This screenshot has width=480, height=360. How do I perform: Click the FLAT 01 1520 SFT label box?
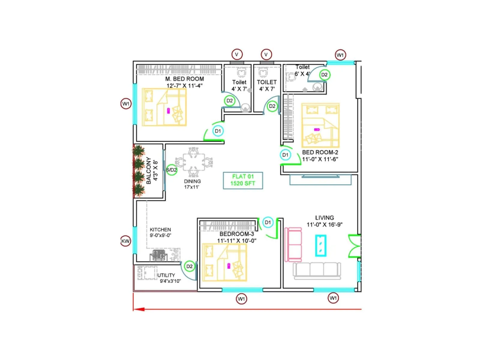[x=243, y=180]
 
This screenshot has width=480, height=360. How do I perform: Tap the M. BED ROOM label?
[x=184, y=79]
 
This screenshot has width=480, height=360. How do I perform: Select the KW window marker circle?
[x=125, y=241]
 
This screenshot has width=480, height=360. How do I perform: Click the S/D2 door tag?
[x=172, y=170]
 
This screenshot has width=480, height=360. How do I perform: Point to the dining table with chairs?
[x=194, y=162]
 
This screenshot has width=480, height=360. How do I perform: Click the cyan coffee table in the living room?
[x=320, y=246]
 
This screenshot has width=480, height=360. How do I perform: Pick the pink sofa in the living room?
[x=293, y=244]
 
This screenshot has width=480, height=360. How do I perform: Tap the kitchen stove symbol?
[x=158, y=255]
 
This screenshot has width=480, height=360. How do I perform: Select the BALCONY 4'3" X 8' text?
[x=152, y=171]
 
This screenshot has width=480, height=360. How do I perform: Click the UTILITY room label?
[x=166, y=275]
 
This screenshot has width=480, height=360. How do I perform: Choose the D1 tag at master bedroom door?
[x=218, y=131]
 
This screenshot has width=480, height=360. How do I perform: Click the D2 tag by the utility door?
[x=190, y=266]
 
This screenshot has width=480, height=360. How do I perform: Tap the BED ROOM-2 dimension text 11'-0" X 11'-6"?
[x=320, y=159]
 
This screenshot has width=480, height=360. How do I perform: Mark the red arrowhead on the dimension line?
[x=139, y=309]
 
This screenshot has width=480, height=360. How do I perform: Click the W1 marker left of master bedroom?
[x=126, y=104]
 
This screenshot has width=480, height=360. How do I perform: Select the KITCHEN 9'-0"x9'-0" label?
[x=160, y=232]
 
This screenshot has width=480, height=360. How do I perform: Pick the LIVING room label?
[x=324, y=218]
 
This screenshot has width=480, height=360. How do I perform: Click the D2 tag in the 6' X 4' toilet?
[x=324, y=75]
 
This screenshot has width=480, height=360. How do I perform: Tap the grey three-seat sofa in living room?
[x=317, y=270]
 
